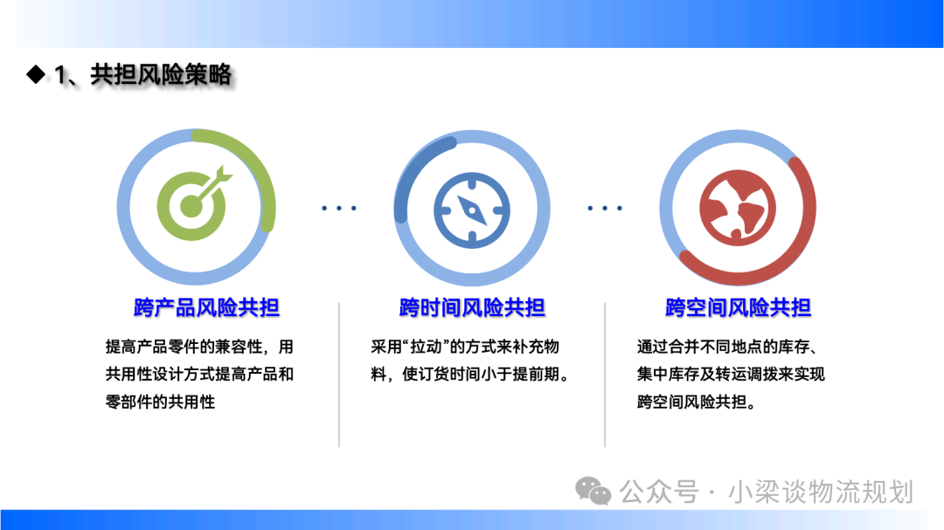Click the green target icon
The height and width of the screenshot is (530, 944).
tap(192, 204)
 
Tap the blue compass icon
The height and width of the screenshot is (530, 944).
tap(472, 210)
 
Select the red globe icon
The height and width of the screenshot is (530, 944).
tap(738, 208)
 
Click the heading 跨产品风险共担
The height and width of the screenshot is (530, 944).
tap(206, 307)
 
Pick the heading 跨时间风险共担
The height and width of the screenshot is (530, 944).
tap(472, 307)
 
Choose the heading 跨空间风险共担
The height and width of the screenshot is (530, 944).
tap(738, 307)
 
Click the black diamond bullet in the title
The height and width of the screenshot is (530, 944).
tap(36, 74)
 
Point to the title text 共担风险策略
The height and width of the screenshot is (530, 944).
tap(162, 74)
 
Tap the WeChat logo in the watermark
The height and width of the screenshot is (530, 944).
tap(593, 491)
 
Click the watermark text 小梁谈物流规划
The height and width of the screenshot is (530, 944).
tap(821, 492)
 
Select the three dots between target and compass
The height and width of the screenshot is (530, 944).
tap(339, 208)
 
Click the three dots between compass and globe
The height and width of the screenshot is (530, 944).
tap(605, 208)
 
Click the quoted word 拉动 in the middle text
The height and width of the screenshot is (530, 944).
tap(427, 348)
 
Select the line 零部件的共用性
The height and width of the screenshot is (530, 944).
tap(160, 402)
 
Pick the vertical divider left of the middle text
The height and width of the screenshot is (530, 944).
tap(339, 375)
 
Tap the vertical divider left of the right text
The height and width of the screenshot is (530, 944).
tap(605, 375)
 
